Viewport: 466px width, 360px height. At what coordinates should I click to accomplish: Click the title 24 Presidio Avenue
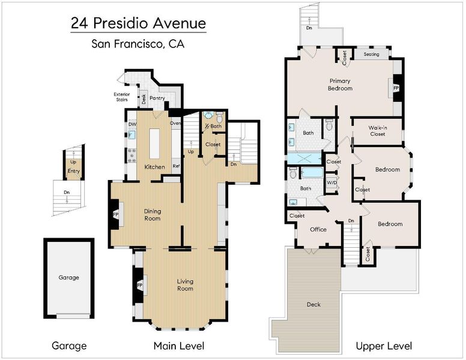139,23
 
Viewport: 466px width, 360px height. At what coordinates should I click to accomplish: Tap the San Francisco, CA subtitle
138,44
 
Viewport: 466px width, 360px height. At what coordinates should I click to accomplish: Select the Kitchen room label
154,167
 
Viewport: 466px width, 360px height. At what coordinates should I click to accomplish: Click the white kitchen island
154,143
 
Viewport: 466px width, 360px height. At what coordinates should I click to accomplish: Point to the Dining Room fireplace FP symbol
116,214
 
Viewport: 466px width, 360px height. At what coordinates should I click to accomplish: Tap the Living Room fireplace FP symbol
140,286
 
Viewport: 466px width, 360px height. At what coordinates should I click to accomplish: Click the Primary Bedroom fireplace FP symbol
396,88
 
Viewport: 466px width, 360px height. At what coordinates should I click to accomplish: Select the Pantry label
157,98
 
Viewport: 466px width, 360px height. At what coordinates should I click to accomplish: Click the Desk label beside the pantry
144,99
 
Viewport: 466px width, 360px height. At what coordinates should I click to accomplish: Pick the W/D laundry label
331,182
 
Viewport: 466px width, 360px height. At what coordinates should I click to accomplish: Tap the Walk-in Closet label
378,131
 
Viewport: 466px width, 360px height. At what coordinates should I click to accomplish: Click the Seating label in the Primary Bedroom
372,55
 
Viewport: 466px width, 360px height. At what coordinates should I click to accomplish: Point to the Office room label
318,229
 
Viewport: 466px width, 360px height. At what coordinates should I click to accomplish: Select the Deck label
314,304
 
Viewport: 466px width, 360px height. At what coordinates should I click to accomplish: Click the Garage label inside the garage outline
68,277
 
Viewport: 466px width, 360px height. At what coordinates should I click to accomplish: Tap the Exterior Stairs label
122,97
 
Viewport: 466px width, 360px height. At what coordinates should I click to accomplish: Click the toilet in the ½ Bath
219,117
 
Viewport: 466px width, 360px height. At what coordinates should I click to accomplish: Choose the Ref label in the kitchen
176,166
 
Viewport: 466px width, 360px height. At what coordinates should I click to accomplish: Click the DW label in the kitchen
132,124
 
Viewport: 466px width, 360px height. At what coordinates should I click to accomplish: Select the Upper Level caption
384,346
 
